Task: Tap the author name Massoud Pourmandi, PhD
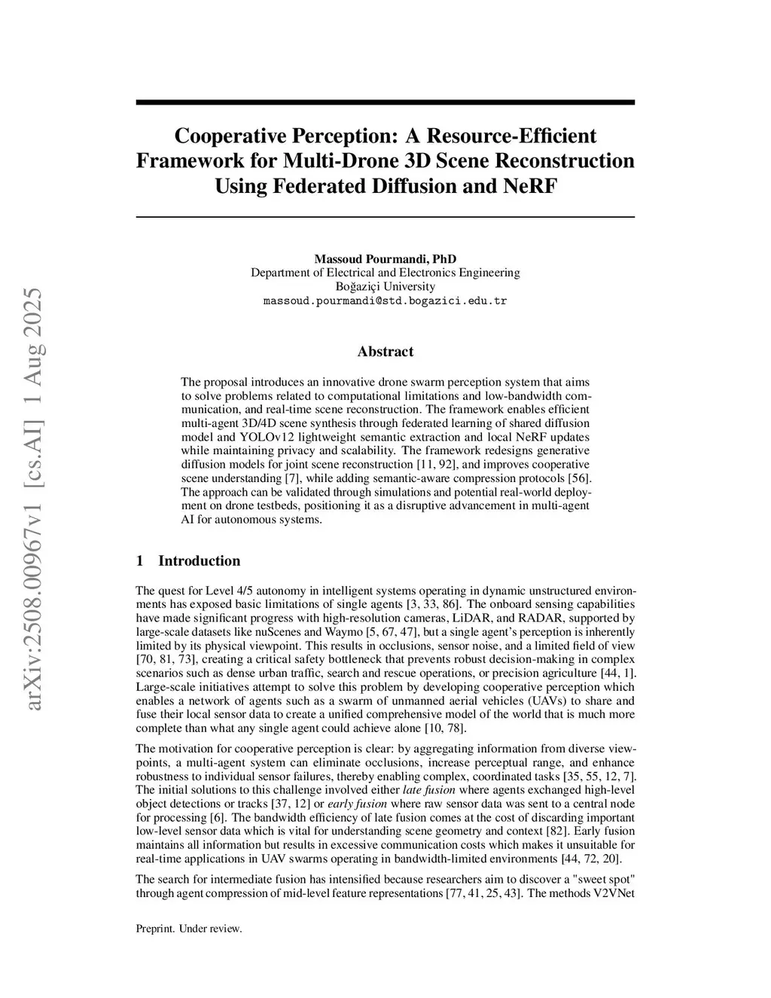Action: click(x=385, y=259)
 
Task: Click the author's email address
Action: click(x=385, y=301)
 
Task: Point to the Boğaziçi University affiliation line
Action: click(x=385, y=286)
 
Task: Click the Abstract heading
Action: click(x=385, y=352)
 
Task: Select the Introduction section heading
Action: click(x=199, y=560)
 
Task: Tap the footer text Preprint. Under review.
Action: click(x=188, y=929)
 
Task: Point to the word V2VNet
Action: click(x=614, y=893)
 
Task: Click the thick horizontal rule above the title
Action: click(x=385, y=102)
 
